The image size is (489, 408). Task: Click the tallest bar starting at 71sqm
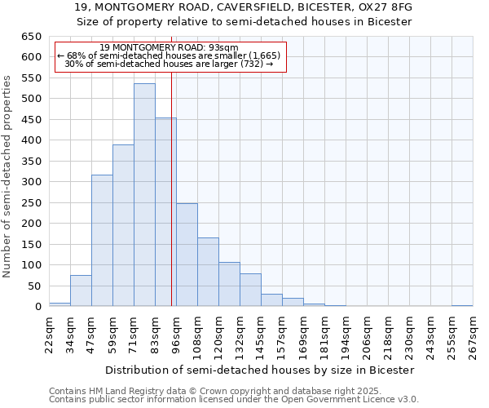144,195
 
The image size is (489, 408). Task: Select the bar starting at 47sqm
102,241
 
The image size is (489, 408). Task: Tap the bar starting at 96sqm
187,255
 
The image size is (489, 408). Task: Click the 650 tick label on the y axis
31,37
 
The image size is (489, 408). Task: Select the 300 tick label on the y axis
31,182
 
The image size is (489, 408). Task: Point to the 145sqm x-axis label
262,335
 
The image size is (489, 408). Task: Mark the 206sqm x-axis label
368,335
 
